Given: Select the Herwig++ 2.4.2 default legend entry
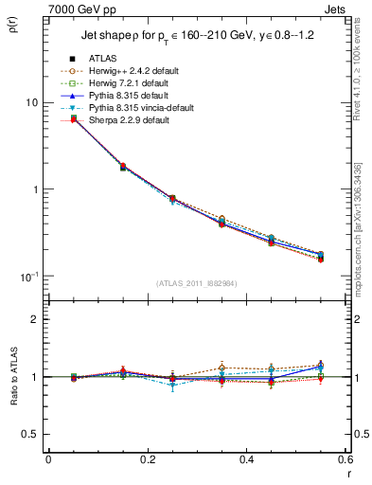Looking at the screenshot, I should coord(133,71).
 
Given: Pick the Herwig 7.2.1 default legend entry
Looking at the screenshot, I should coord(130,83).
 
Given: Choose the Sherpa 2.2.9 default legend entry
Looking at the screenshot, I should coord(129,119).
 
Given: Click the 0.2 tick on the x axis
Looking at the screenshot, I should coord(148,461).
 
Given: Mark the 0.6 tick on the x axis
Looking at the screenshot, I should coord(344,461).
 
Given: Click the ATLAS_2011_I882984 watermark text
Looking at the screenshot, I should coord(196,282).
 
